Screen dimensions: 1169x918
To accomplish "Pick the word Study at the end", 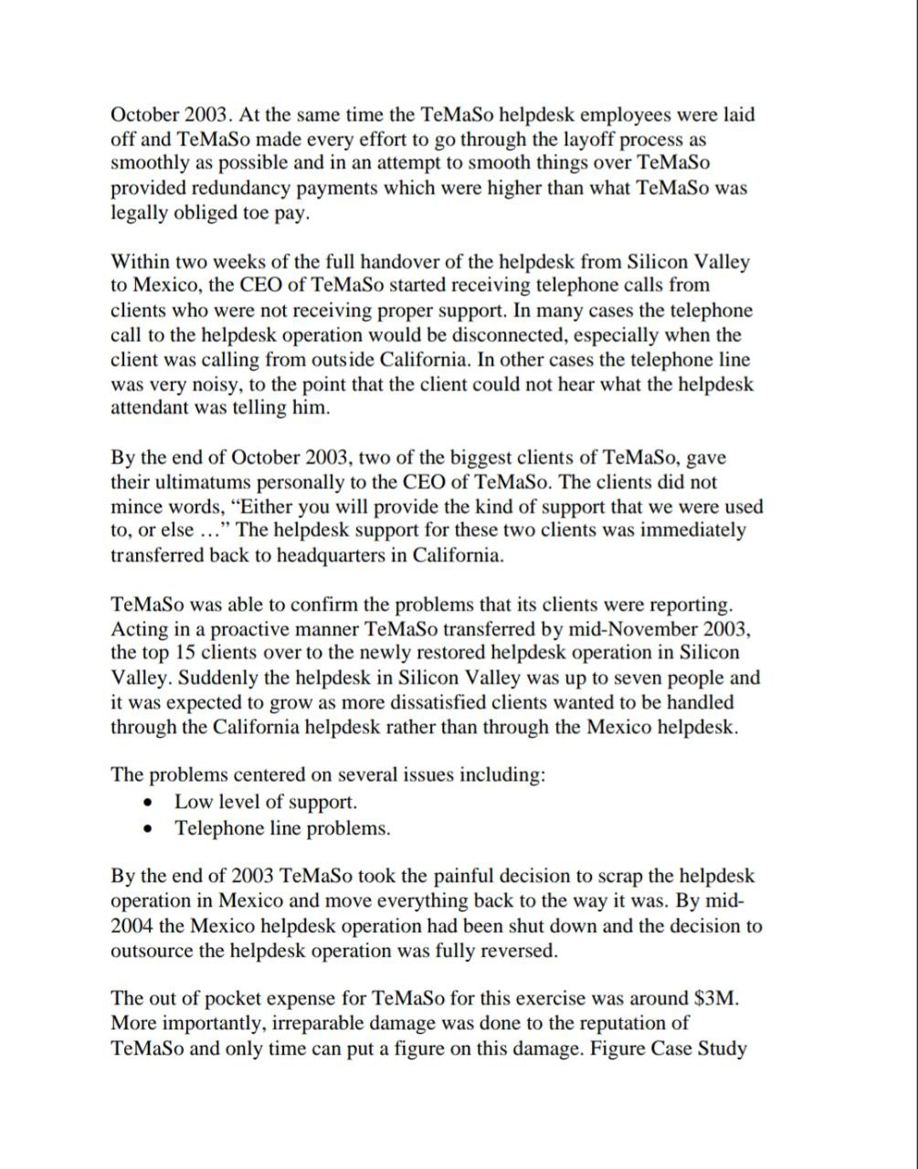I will tap(721, 1048).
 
